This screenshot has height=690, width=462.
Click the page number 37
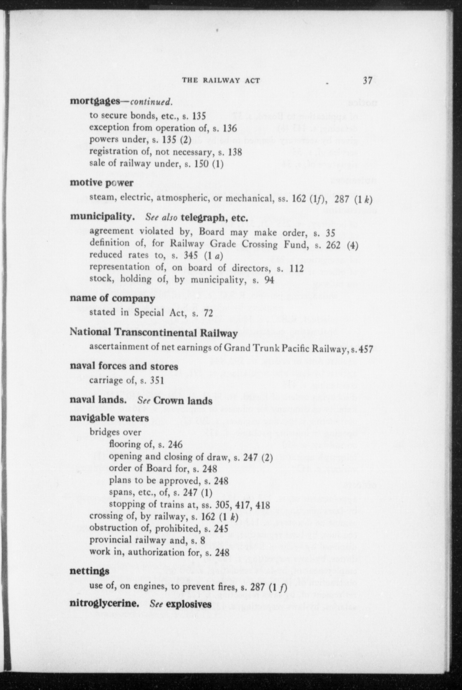(368, 80)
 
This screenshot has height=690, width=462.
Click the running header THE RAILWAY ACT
(221, 80)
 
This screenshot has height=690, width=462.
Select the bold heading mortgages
(95, 101)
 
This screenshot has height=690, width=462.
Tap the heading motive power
(102, 183)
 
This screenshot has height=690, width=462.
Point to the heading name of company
(112, 298)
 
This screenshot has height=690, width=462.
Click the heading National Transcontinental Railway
(153, 333)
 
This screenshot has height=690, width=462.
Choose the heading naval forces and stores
(124, 366)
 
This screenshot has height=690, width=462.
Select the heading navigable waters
(109, 418)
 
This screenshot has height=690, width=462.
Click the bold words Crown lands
(183, 401)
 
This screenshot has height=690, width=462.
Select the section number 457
(366, 349)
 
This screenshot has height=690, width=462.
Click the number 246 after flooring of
(175, 444)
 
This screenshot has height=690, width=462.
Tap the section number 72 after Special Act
(208, 313)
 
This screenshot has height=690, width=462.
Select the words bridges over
(115, 432)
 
